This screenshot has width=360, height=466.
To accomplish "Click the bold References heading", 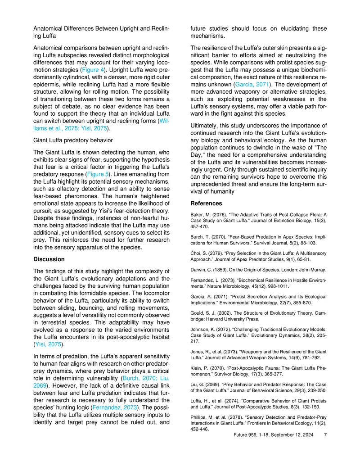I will (x=207, y=204).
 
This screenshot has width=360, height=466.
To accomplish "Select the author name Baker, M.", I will (x=202, y=214).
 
